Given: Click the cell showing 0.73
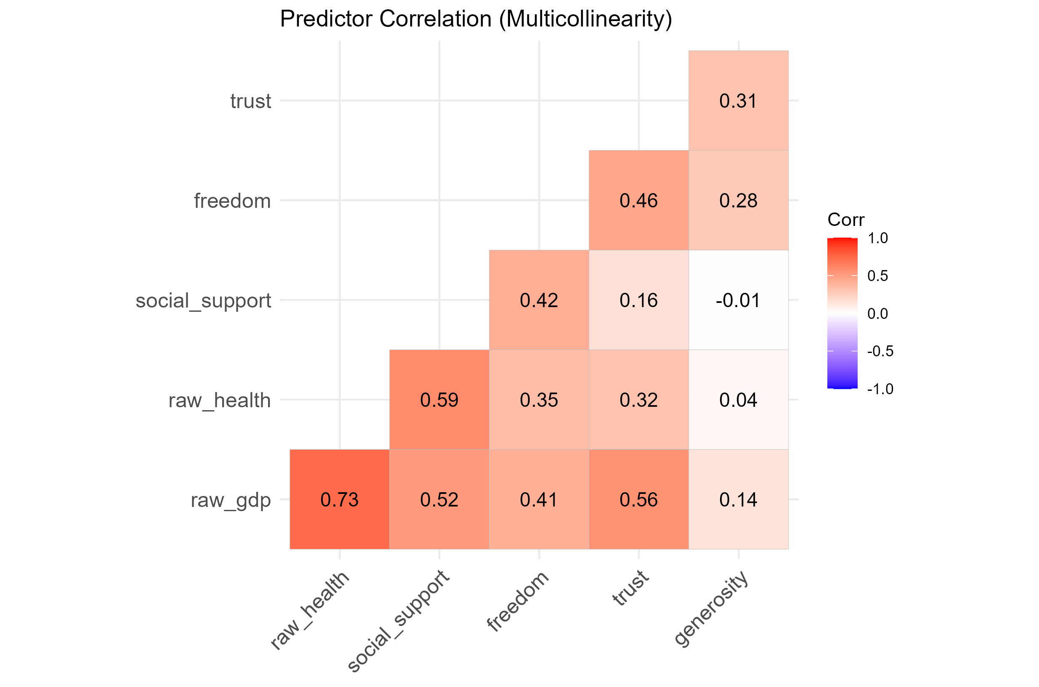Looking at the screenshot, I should tap(339, 499).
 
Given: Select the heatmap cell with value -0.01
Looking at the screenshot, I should tap(739, 300).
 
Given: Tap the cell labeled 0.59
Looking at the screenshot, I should tap(439, 400).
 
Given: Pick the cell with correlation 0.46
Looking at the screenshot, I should tap(638, 200).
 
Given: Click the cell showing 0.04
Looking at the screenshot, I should tap(739, 400).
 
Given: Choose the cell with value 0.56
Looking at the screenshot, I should tap(638, 499).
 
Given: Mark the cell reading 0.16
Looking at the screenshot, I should tap(638, 300).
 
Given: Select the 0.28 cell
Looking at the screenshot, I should tap(739, 200).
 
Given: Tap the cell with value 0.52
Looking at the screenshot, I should tap(439, 499).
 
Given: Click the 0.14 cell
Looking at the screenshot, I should tap(739, 499).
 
